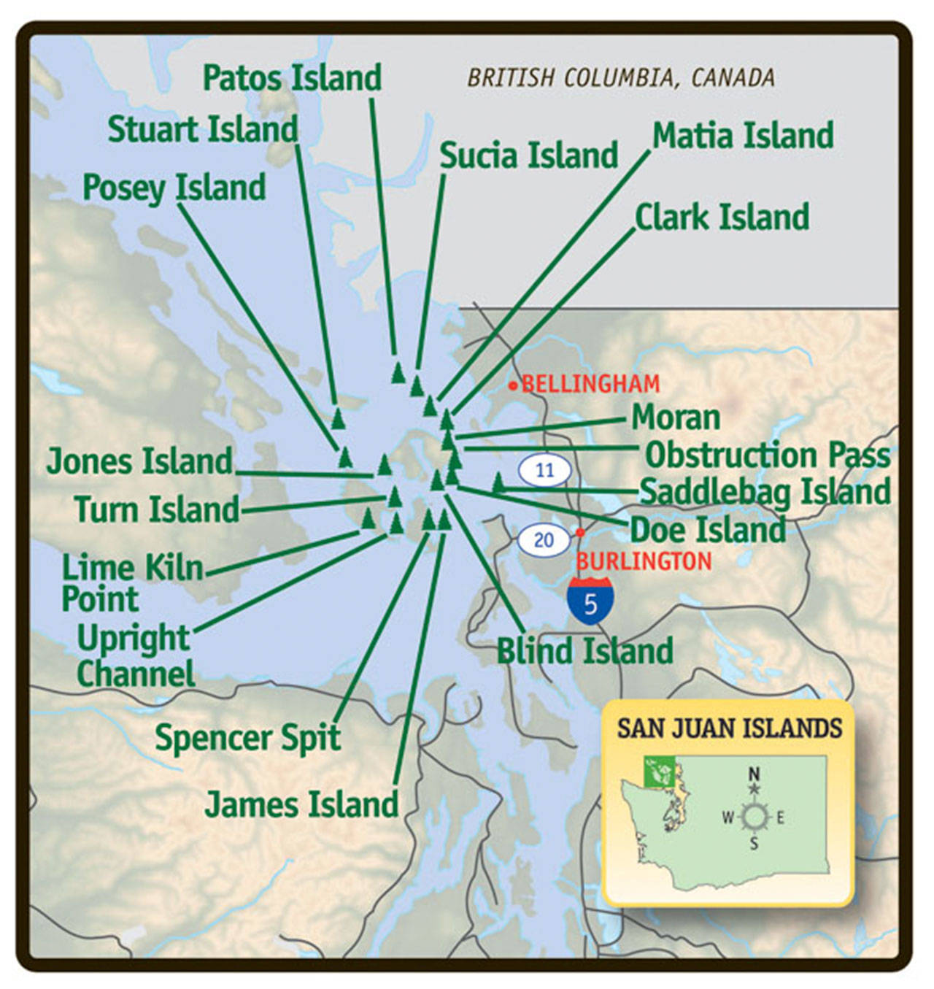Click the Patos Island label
pos(292,77)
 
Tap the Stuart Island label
pos(203,129)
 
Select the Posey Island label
pos(174,188)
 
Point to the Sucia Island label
pos(528,155)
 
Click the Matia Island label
pos(743,136)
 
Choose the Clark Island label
pos(722,217)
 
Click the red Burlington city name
pos(644,561)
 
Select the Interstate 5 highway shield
pos(590,601)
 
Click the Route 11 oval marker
pos(545,470)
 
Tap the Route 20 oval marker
pos(544,540)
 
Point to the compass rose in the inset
pos(754,816)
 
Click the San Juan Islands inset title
pos(729,728)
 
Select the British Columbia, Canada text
pos(621,78)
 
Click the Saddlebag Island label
pos(765,491)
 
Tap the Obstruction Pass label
pos(768,455)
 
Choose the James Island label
pos(301,804)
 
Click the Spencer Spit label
pos(247,737)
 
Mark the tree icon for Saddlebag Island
pos(498,482)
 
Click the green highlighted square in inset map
pos(659,771)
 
